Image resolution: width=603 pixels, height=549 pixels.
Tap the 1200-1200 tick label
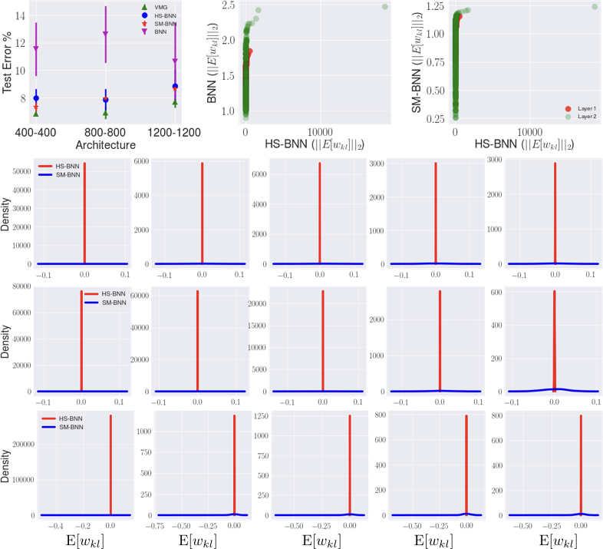tap(175, 133)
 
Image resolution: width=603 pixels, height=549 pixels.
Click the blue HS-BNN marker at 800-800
tap(106, 100)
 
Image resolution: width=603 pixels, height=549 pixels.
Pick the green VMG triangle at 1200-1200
tap(176, 103)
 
